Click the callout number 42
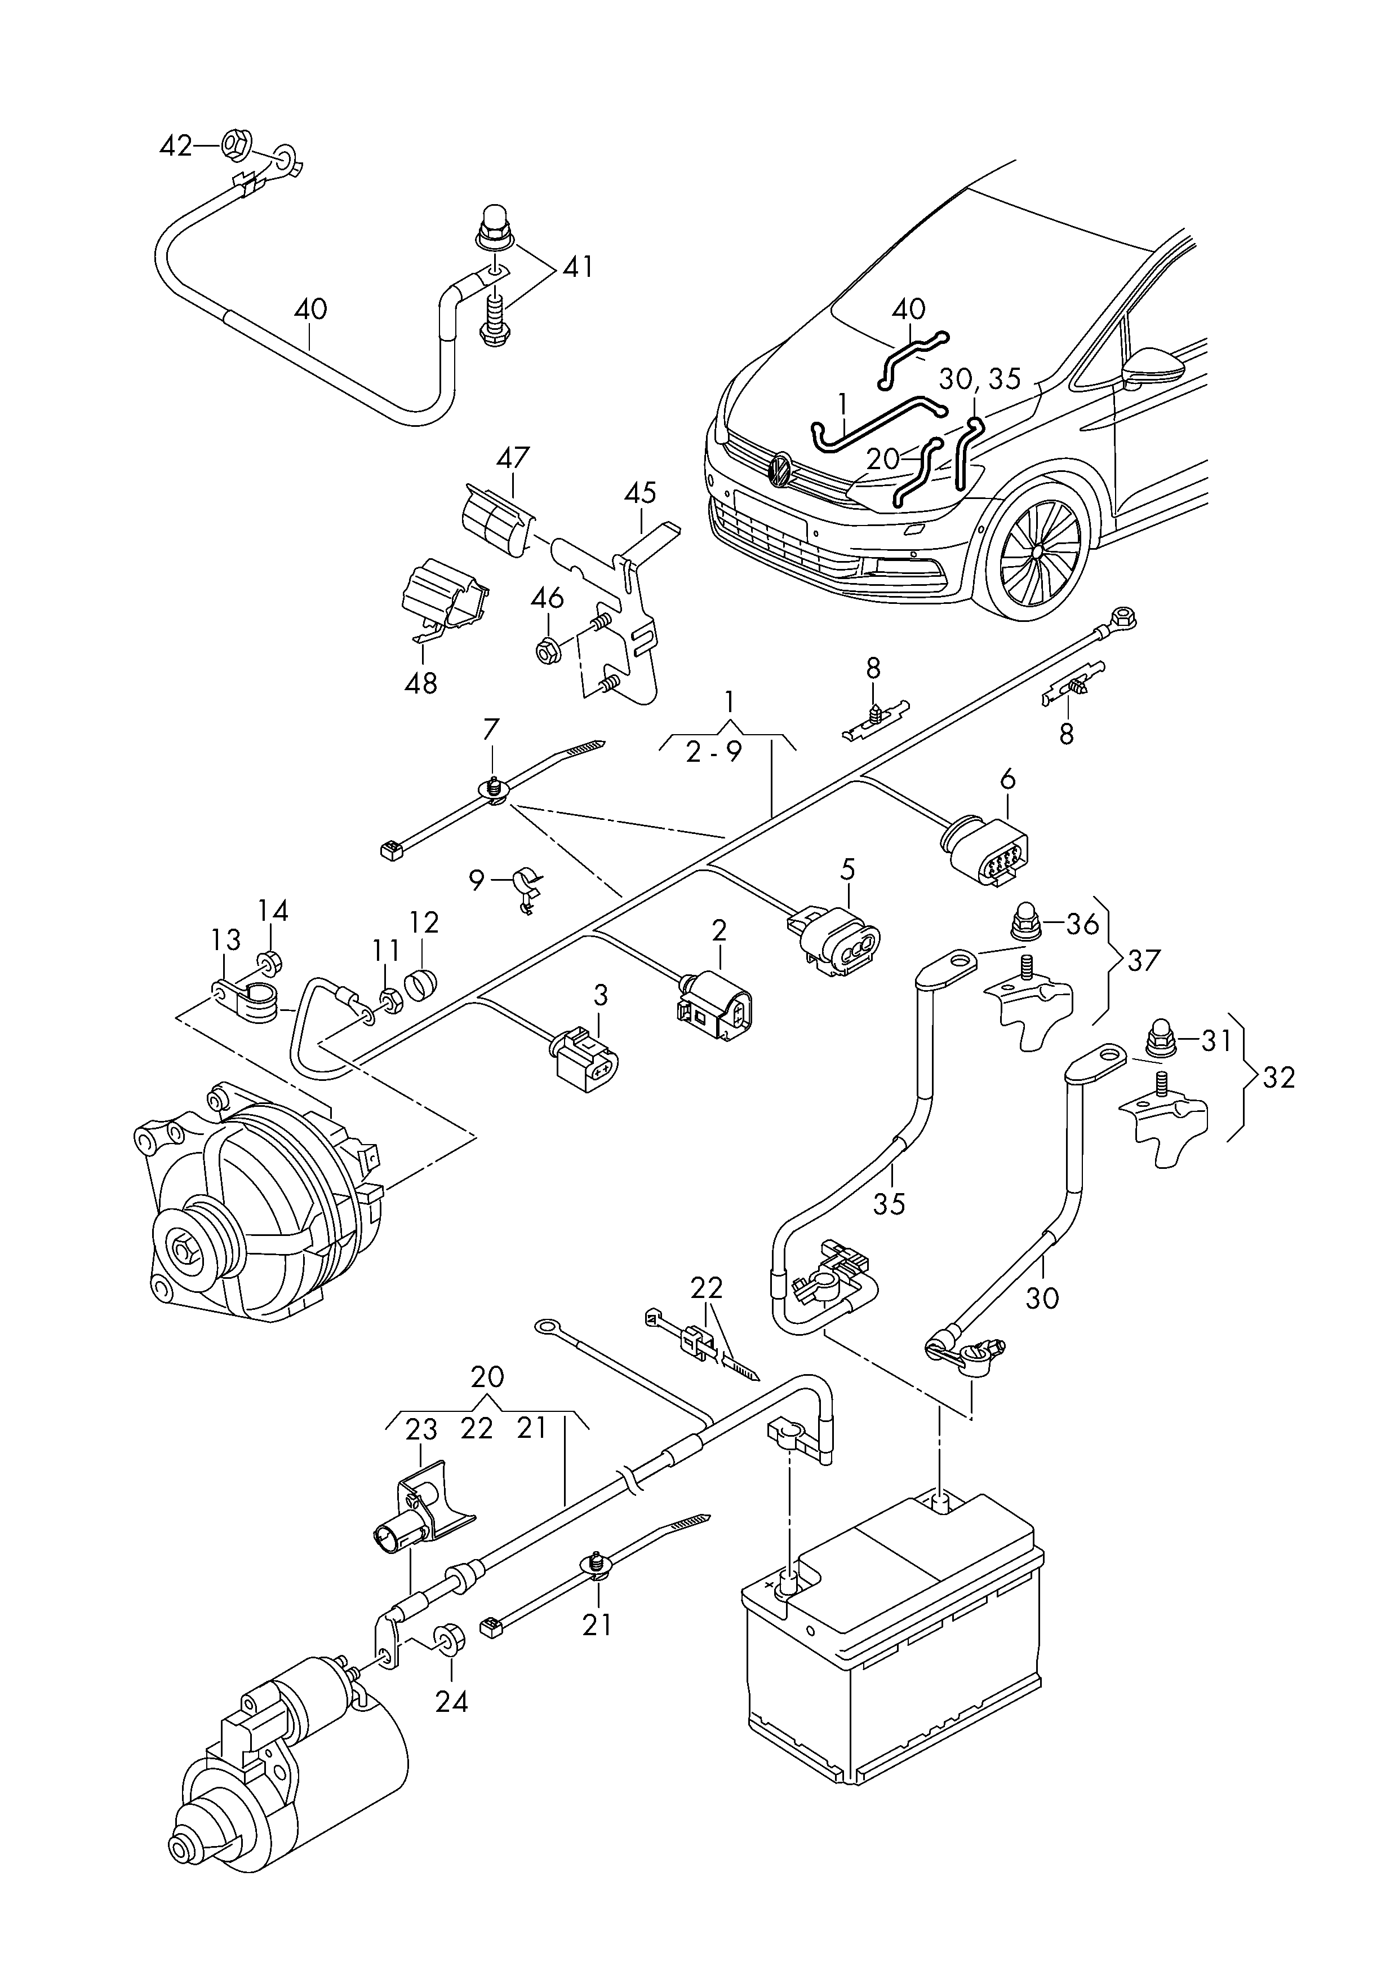(x=176, y=147)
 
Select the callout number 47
(x=513, y=458)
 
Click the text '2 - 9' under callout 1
(x=713, y=752)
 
